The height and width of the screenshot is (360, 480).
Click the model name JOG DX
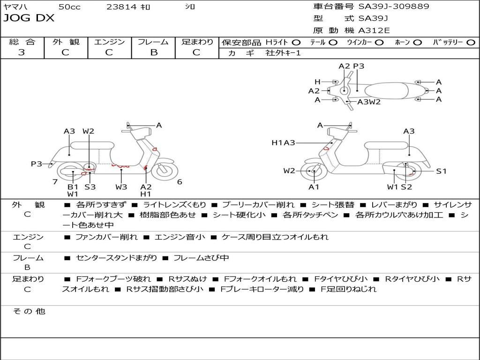[x=29, y=18]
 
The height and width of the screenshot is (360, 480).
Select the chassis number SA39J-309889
[x=394, y=7]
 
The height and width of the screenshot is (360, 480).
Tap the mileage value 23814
[x=121, y=7]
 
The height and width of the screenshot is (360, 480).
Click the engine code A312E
[x=374, y=31]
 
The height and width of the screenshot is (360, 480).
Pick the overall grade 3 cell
[x=22, y=52]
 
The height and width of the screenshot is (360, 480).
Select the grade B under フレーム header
[x=153, y=52]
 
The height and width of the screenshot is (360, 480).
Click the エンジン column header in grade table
[x=109, y=42]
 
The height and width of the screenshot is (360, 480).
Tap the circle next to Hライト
[x=296, y=42]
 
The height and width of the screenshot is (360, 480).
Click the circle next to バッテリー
[x=470, y=42]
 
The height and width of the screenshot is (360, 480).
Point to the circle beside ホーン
[x=417, y=42]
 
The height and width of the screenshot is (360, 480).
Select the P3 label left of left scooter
[x=37, y=164]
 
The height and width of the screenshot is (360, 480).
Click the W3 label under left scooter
[x=121, y=187]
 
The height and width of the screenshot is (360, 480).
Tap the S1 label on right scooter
[x=442, y=171]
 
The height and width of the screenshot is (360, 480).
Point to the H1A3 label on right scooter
[x=283, y=142]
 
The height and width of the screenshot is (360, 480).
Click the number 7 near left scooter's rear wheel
[x=55, y=182]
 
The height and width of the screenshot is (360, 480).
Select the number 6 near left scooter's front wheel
[x=180, y=182]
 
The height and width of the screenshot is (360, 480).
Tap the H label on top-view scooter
[x=317, y=82]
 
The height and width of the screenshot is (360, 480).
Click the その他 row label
[x=29, y=311]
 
